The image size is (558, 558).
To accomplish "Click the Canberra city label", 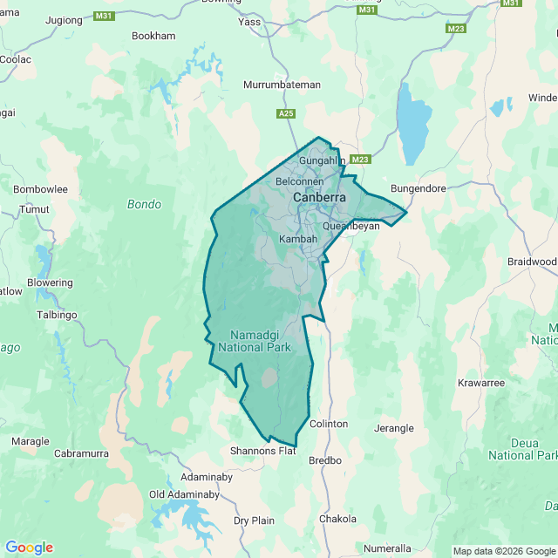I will point(319,198).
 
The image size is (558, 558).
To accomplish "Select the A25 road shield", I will point(285,113).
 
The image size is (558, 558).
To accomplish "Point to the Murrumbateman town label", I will point(282,85).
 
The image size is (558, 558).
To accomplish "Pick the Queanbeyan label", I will point(351,225).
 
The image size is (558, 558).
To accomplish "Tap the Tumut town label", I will point(35,209).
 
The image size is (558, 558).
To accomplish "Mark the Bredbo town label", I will point(325,459).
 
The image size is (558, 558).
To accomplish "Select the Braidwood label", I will point(531,262).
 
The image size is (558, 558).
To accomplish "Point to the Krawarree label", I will point(480,383).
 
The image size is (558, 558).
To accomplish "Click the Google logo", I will point(29,548).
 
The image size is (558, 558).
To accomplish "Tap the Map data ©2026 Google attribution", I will point(503,551).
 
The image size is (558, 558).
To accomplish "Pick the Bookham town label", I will point(153,36).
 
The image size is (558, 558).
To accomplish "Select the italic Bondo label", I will point(144,205).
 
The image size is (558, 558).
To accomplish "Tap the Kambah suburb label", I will point(298,239).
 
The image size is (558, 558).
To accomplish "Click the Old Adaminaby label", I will point(184,494).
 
